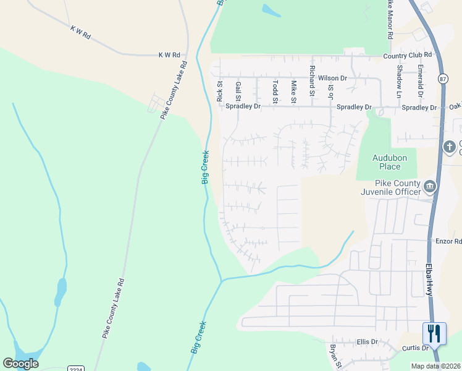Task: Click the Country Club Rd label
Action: pyautogui.click(x=407, y=55)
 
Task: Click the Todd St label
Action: pyautogui.click(x=275, y=92)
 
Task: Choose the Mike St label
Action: pyautogui.click(x=293, y=92)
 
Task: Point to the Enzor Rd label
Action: pyautogui.click(x=449, y=241)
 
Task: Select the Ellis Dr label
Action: pyautogui.click(x=367, y=342)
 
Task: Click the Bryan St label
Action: pyautogui.click(x=334, y=357)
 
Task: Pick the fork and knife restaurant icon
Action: pyautogui.click(x=434, y=334)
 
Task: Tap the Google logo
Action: pyautogui.click(x=20, y=363)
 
